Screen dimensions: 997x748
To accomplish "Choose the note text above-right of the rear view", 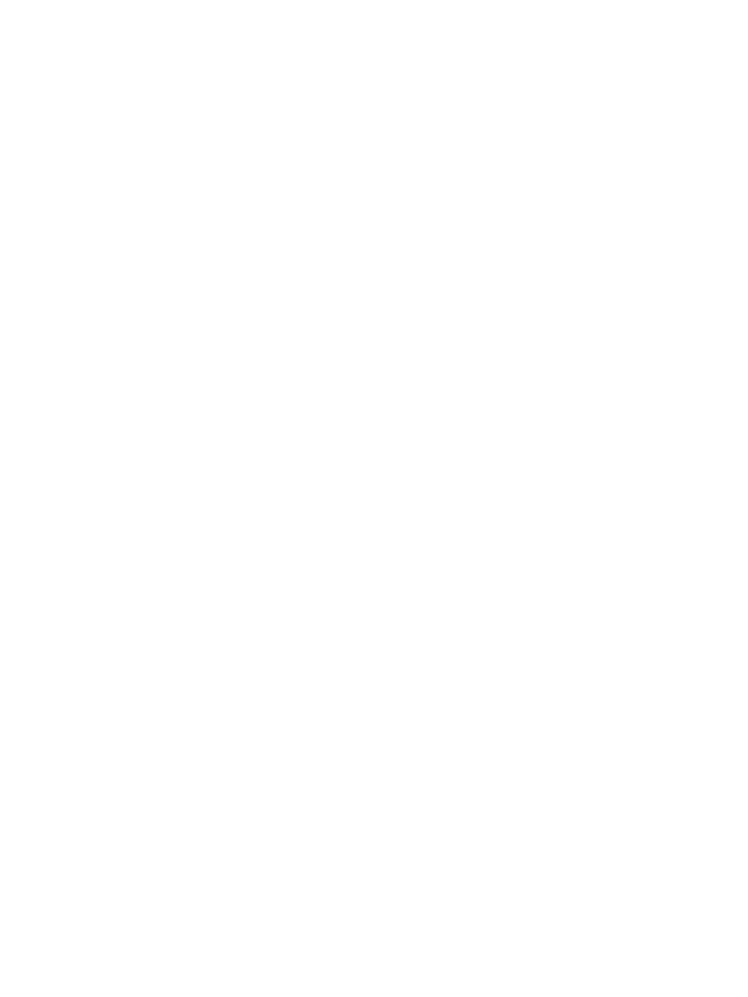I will [671, 690].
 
